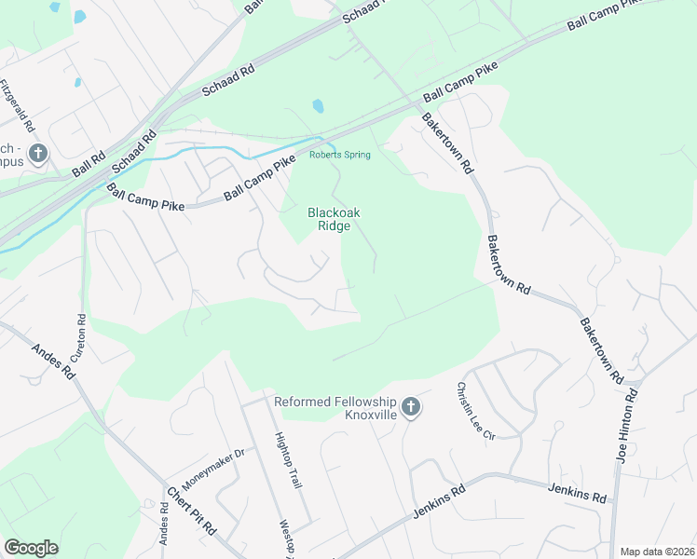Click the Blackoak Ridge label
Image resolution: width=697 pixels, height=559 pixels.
[x=334, y=219]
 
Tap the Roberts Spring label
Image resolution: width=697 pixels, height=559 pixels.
[x=340, y=155]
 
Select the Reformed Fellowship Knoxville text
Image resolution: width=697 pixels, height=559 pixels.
[x=335, y=408]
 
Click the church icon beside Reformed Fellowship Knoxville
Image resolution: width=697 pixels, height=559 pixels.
[x=412, y=408]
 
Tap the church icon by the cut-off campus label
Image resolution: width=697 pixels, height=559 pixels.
[x=38, y=153]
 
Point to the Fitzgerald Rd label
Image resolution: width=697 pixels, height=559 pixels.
[x=18, y=105]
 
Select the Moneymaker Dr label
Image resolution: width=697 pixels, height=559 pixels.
[x=212, y=466]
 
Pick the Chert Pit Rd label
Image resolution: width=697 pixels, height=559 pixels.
[x=191, y=511]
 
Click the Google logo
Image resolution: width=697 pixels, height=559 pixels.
[x=31, y=547]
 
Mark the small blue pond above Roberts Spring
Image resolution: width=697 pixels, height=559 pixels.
[x=318, y=106]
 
